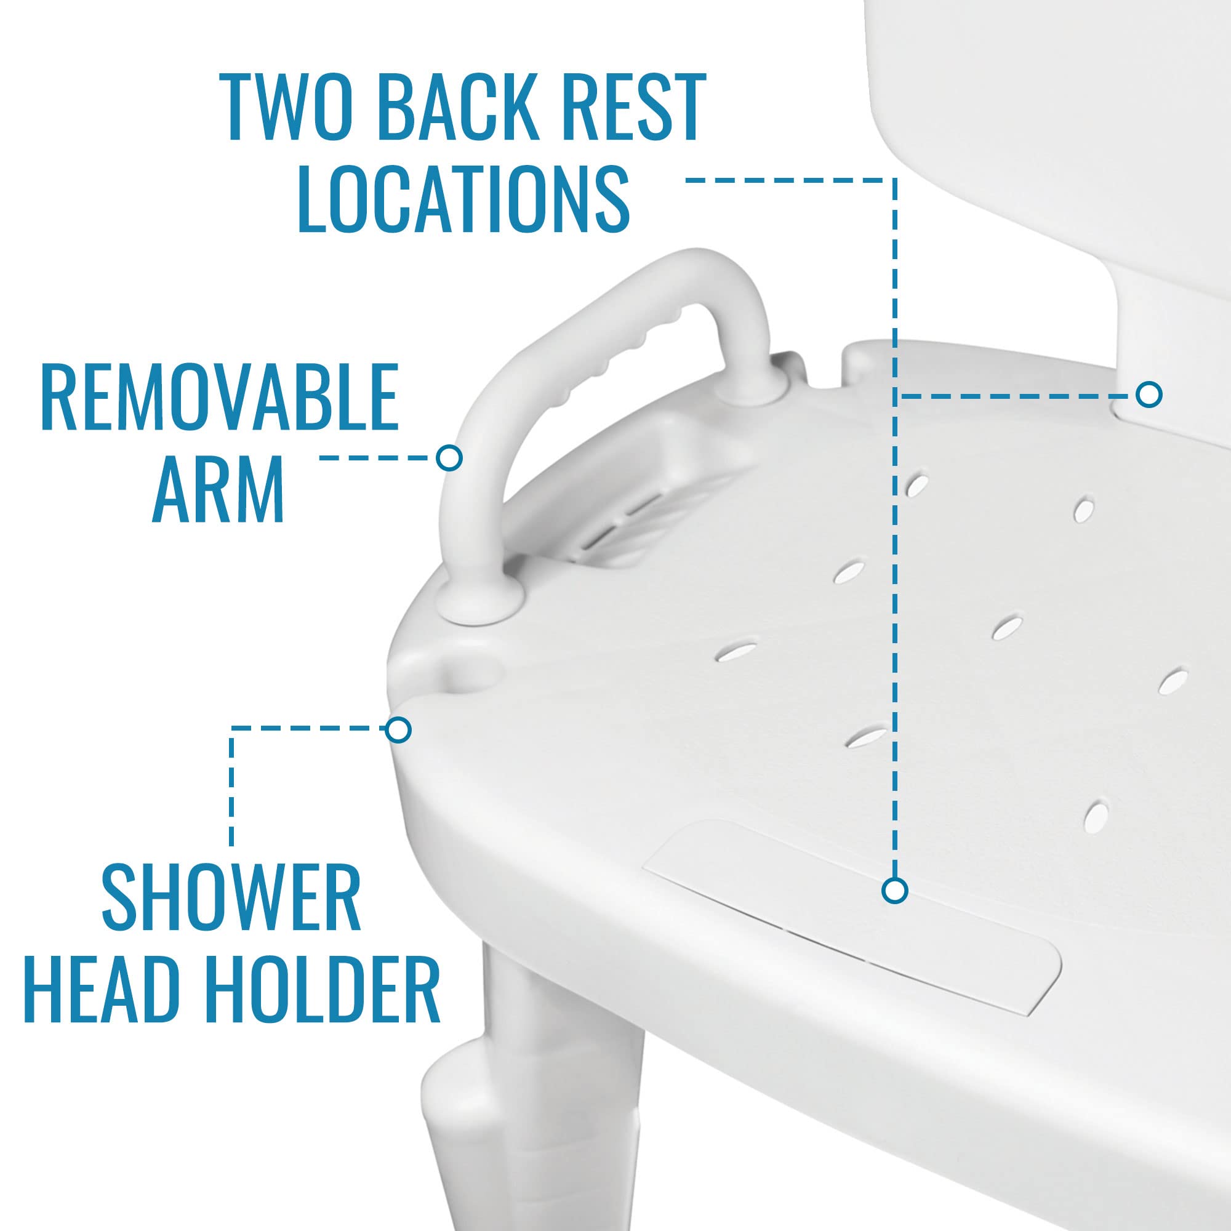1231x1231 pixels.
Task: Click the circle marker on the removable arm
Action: point(449,457)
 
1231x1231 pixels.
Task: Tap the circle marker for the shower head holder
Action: point(399,729)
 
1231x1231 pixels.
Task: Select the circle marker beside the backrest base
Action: point(1149,395)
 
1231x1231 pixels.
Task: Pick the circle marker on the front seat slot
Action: point(895,891)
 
